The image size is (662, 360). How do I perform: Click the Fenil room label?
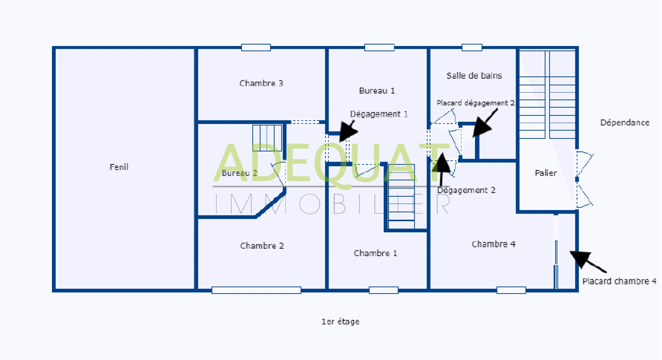coord(119,167)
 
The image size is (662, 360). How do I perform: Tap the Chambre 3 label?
coord(261,83)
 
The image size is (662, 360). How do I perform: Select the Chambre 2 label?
coord(262,246)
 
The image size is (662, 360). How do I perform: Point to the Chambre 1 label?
coord(375,253)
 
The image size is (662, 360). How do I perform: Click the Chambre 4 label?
coord(493,244)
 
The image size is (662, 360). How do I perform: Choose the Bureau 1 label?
coord(377,91)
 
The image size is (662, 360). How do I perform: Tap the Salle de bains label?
coord(474,76)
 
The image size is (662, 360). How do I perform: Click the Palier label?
coord(546,173)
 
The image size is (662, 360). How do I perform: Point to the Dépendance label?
coord(625,123)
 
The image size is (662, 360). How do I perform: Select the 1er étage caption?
coord(340,322)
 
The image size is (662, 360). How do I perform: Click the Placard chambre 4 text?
coord(619,281)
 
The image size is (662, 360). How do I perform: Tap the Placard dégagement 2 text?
coord(475,103)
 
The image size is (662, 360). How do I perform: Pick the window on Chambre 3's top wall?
coord(256,47)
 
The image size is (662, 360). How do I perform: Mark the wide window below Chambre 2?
coord(256,290)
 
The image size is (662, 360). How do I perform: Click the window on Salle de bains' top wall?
coord(472,47)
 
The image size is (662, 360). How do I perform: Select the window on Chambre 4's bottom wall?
coord(511,290)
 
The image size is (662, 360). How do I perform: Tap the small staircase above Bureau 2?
coord(267,138)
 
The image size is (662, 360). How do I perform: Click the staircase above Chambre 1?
coord(401,197)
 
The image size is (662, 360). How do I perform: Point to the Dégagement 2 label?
coord(466,190)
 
